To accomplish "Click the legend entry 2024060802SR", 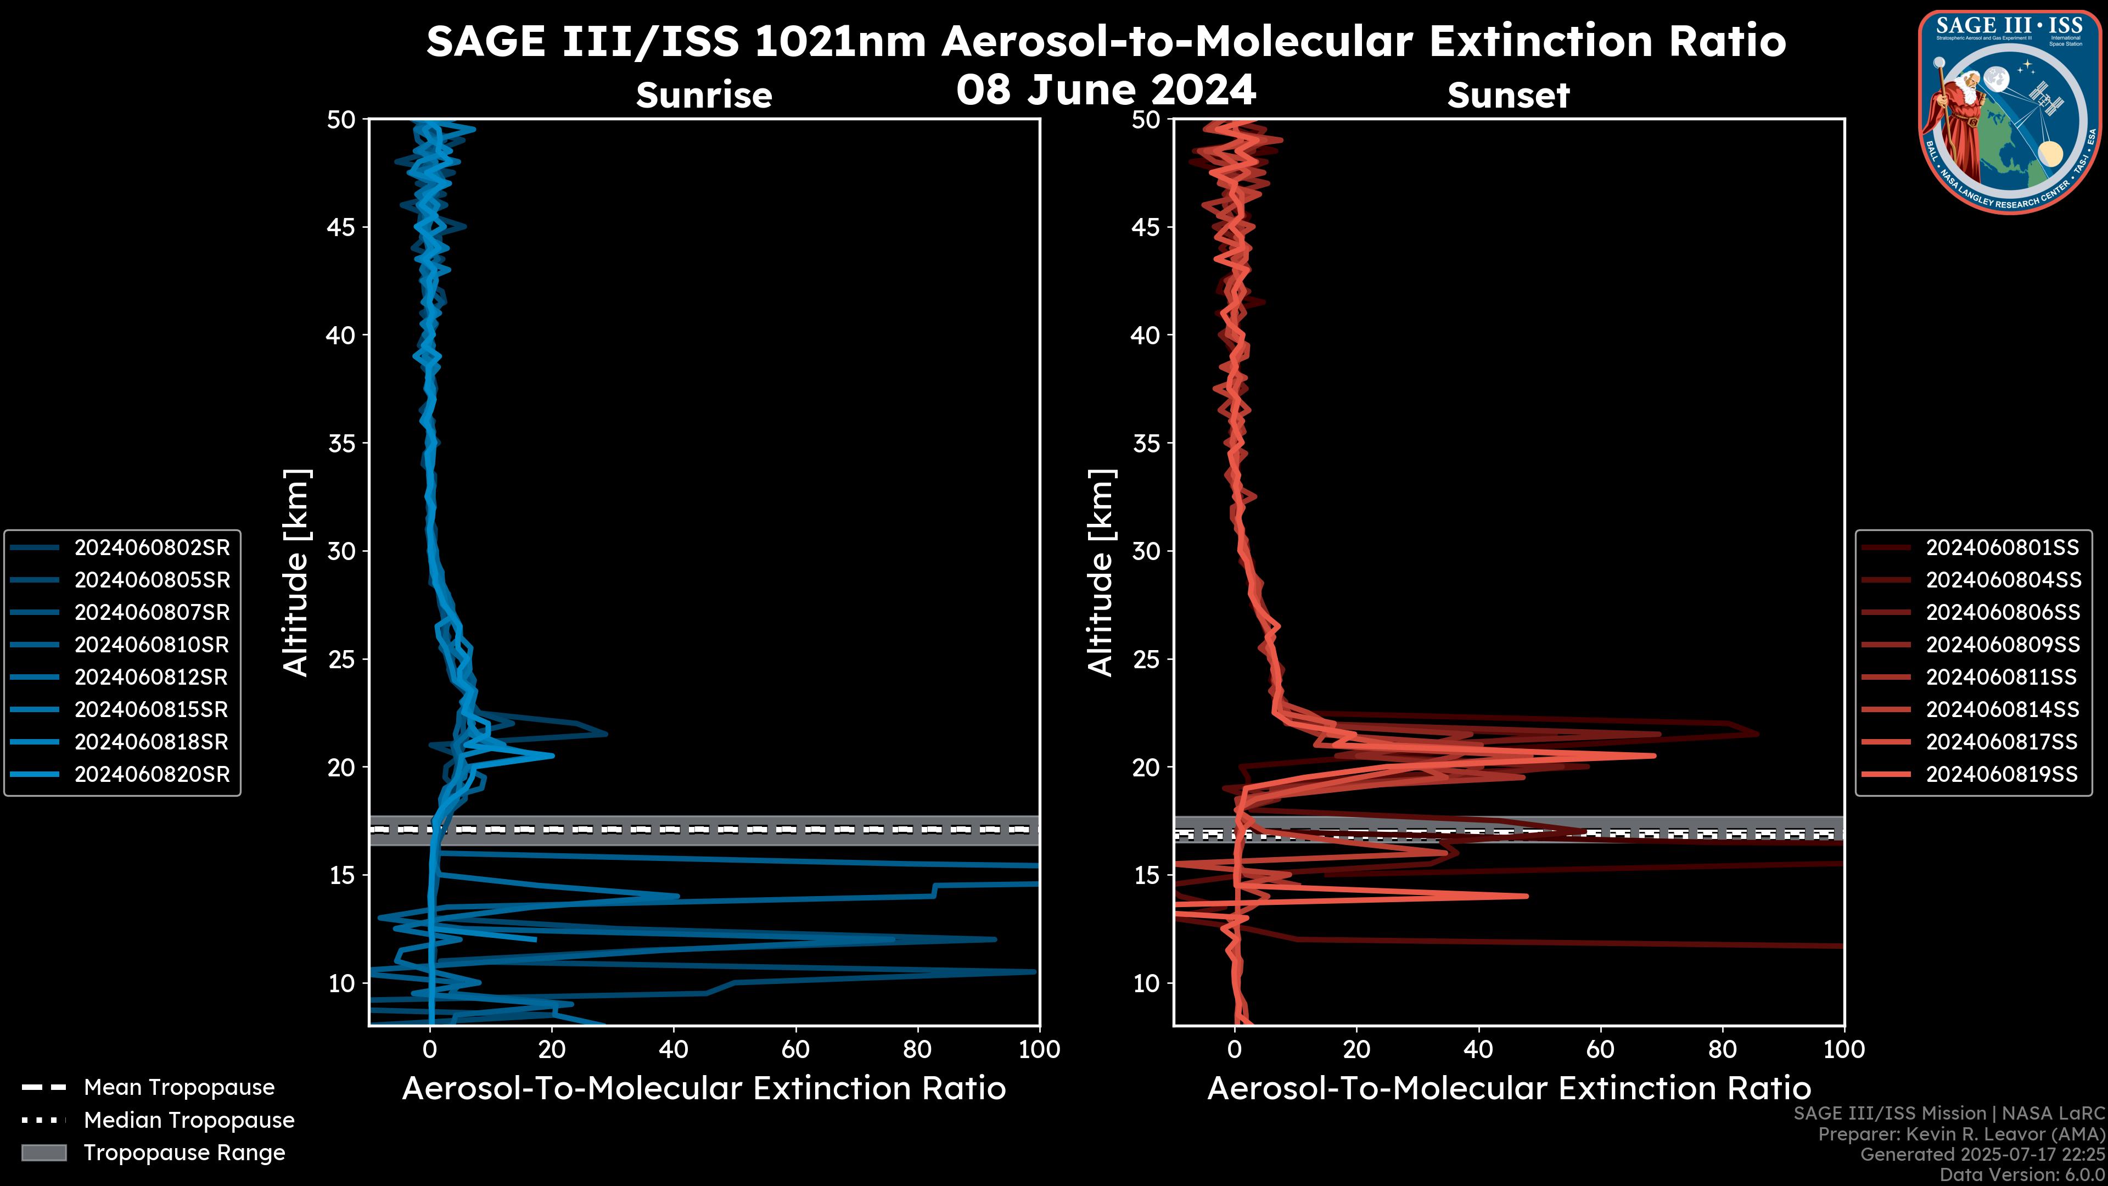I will pos(152,547).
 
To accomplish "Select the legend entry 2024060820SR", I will pos(152,774).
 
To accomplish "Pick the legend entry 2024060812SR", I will pos(152,677).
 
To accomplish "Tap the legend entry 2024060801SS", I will pos(2003,547).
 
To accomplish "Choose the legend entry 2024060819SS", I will pos(2003,774).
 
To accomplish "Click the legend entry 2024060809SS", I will pos(2003,645).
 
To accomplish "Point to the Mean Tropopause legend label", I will pos(179,1087).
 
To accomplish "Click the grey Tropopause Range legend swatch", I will pos(43,1153).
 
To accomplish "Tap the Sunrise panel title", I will pos(704,96).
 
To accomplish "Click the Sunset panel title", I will pos(1508,96).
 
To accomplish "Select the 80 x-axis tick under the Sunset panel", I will pos(1723,1049).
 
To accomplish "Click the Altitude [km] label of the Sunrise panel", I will pos(296,573).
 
